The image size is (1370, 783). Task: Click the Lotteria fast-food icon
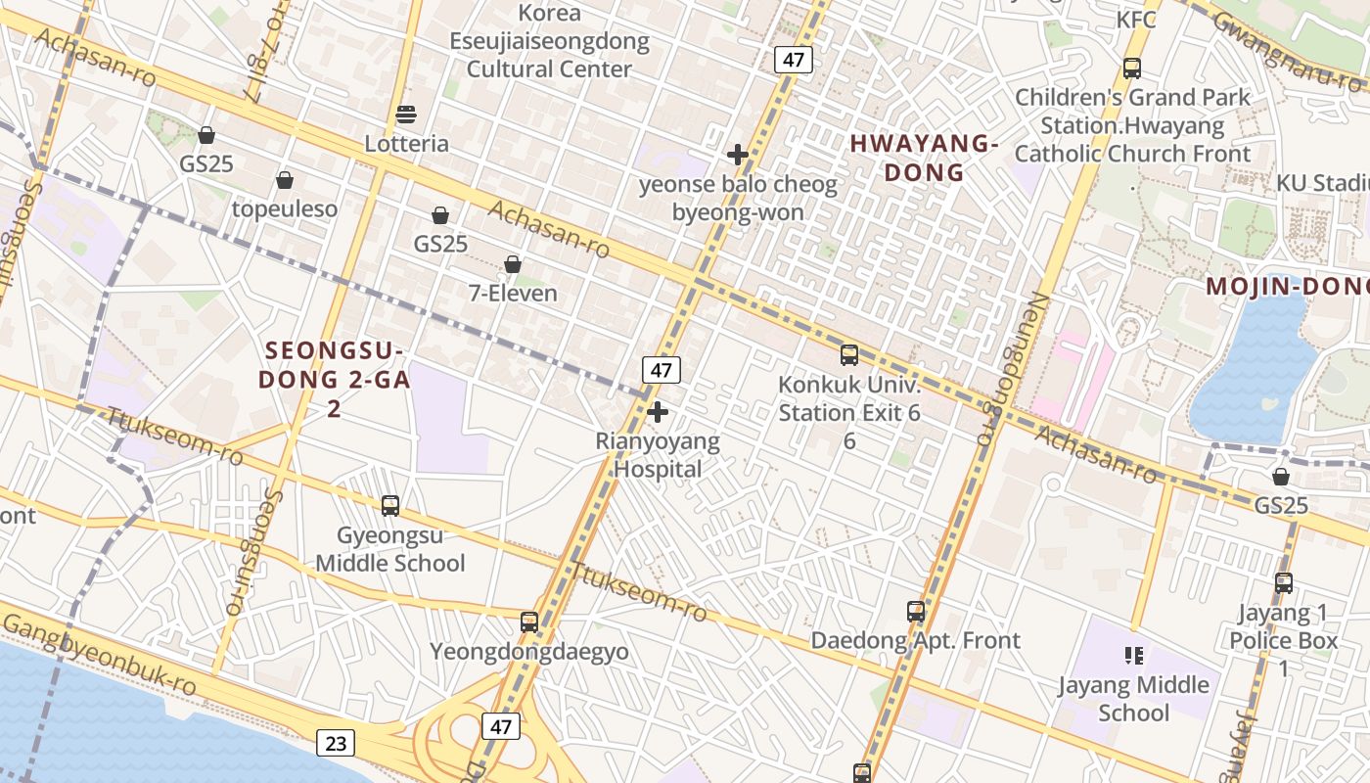point(406,115)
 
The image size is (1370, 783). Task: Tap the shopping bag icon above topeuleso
point(285,180)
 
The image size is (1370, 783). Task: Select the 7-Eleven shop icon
point(512,264)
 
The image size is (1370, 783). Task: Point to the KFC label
point(1135,20)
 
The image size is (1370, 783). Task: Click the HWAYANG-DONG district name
point(923,158)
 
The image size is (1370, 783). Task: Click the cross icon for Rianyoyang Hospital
point(658,412)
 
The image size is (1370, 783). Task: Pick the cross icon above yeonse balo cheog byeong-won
point(738,155)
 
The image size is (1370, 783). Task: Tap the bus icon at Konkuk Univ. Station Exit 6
point(849,355)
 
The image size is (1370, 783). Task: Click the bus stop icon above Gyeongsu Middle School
point(390,506)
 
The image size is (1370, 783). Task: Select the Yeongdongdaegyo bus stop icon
point(529,622)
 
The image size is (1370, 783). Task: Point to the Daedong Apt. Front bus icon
point(916,612)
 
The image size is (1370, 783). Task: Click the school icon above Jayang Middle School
point(1134,655)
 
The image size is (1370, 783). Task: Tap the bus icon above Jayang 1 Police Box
point(1284,583)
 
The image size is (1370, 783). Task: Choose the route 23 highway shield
point(335,743)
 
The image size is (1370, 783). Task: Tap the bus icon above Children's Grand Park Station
point(1132,69)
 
